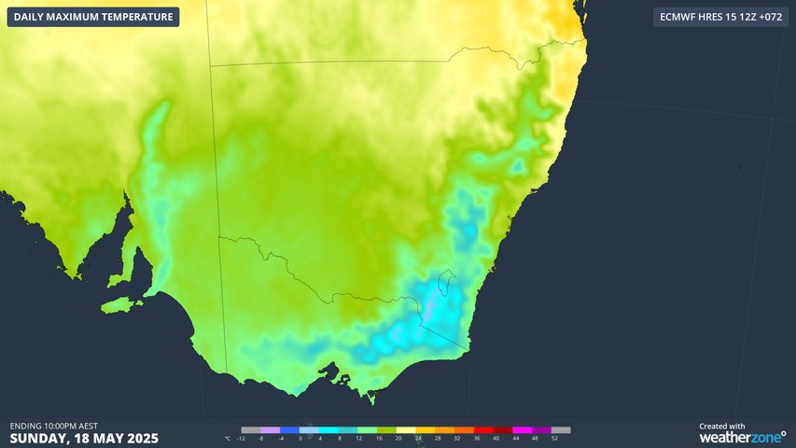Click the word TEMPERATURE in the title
[x=136, y=17]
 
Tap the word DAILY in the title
[x=31, y=17]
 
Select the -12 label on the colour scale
[x=242, y=438]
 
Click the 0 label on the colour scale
[x=300, y=438]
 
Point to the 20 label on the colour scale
[x=398, y=438]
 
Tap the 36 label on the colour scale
[x=477, y=438]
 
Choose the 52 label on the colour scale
[x=555, y=438]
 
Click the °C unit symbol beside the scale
[x=227, y=438]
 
